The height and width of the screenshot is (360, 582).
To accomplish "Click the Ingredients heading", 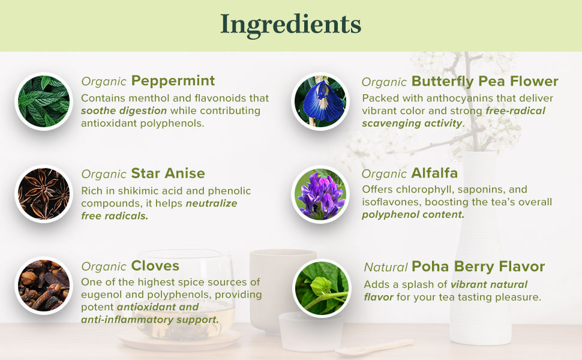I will (291, 24).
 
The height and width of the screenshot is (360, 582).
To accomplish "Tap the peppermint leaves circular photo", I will (43, 101).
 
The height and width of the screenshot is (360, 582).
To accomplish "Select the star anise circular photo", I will (43, 193).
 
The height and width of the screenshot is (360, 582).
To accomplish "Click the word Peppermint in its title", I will (173, 80).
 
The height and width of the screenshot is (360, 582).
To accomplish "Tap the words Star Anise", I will (168, 173).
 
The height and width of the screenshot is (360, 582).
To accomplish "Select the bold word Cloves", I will (155, 266).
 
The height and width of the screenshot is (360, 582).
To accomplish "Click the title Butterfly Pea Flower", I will (485, 81).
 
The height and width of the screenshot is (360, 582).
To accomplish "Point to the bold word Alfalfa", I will (434, 173).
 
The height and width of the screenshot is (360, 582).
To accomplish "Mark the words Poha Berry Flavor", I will (478, 266).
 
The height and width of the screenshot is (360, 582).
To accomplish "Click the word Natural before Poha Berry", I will (386, 267).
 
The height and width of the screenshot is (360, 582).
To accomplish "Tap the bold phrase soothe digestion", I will (124, 110).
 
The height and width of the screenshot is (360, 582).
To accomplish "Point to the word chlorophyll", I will (424, 190).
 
